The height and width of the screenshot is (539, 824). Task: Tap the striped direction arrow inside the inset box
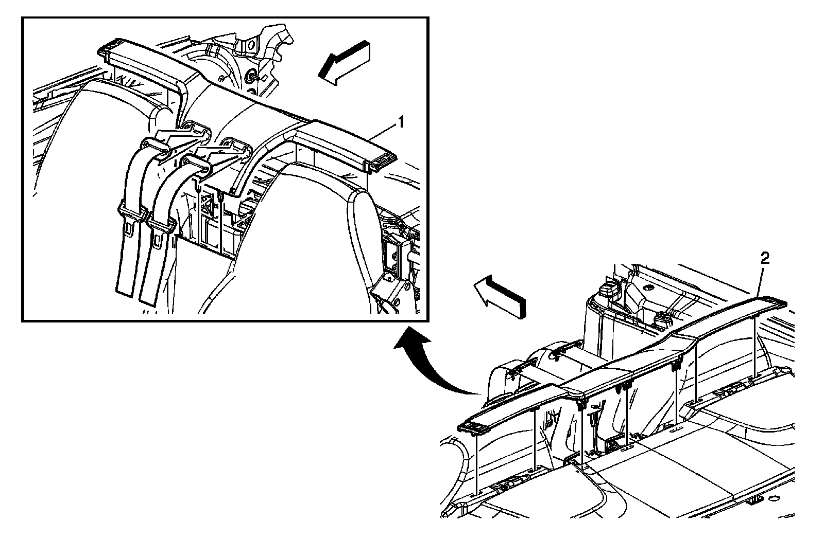click(x=342, y=62)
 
